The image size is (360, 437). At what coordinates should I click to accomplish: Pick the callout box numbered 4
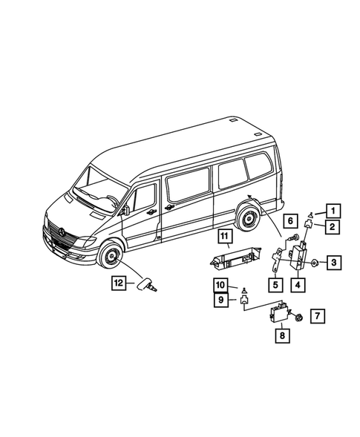point(299,283)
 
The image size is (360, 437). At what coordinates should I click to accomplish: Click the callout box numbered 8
point(282,335)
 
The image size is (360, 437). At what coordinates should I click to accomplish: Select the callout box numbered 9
point(221,300)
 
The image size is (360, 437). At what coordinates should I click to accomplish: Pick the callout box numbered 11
point(223,237)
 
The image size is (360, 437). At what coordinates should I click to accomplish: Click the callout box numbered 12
point(117,282)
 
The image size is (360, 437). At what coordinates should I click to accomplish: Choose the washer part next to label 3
point(315,263)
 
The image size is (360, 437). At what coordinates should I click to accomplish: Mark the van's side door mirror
point(126,211)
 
